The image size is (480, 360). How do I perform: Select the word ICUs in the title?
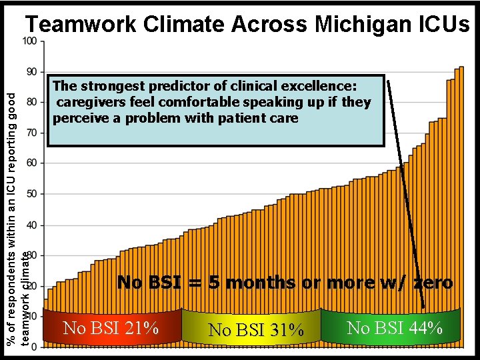(441, 25)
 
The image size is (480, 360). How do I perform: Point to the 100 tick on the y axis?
(29, 41)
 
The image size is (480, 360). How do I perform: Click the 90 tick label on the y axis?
(31, 71)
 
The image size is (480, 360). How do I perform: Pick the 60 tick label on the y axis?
(31, 163)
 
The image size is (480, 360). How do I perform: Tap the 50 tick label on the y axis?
(31, 194)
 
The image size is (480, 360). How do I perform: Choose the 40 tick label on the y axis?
(31, 225)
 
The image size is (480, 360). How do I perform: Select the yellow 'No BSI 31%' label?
(256, 330)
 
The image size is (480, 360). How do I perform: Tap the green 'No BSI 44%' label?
(395, 327)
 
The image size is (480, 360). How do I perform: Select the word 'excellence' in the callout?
(322, 86)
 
